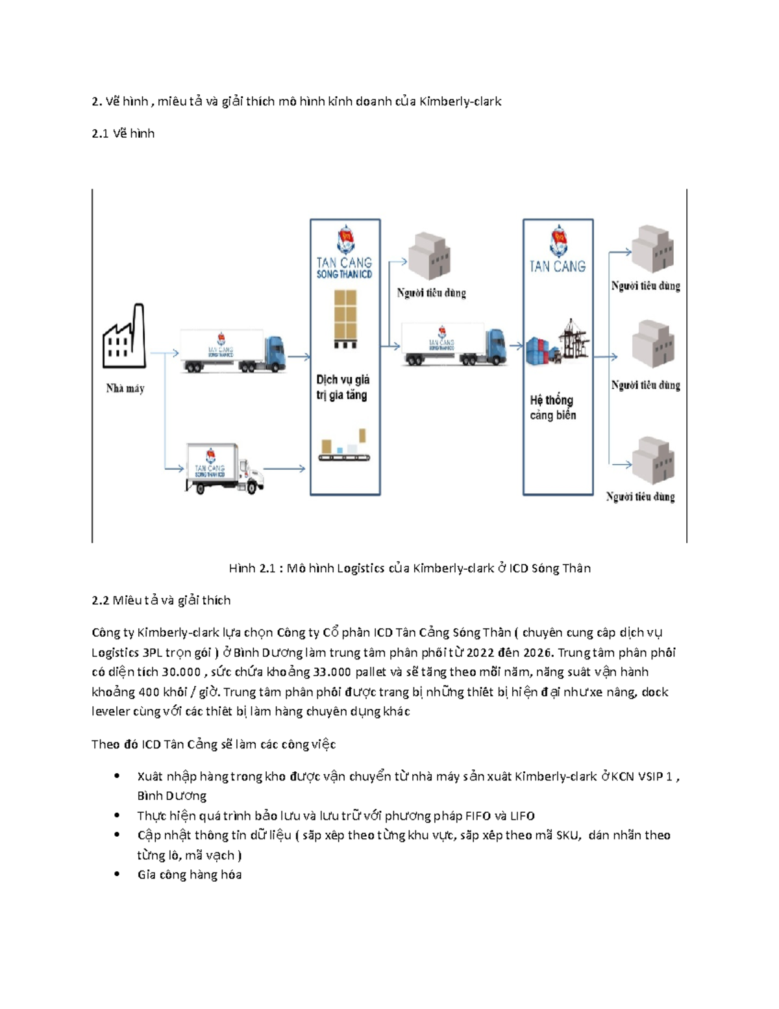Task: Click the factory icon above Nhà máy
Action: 123,338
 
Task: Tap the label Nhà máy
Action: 125,389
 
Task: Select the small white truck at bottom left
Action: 224,468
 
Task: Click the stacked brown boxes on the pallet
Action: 345,318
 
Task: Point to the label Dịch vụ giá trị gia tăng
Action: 343,387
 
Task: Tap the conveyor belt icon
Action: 344,447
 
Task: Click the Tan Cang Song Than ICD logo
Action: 345,253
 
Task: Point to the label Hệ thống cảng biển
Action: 552,407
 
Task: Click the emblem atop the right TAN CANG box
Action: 558,241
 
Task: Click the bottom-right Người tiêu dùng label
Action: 641,497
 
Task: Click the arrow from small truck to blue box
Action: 284,468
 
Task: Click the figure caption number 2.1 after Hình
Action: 267,568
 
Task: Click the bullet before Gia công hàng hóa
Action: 117,875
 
